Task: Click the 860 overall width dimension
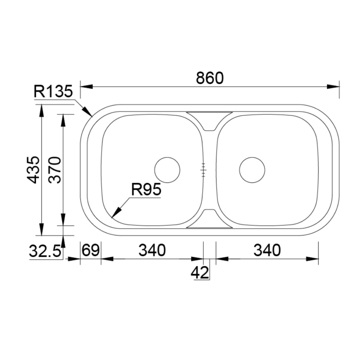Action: (210, 78)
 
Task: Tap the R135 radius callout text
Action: (53, 91)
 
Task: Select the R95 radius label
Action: (146, 190)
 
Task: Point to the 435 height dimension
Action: (33, 170)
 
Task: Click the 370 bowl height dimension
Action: (55, 170)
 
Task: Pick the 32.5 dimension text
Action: (45, 251)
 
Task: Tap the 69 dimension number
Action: (91, 250)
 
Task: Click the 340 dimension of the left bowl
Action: (152, 250)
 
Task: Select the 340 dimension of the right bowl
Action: (267, 250)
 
